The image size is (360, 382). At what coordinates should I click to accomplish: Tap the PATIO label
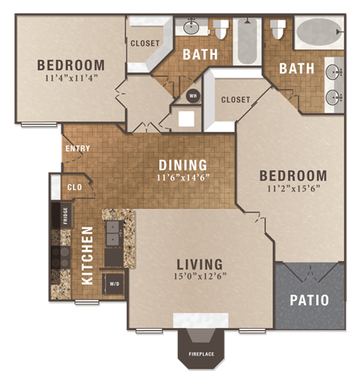(309, 299)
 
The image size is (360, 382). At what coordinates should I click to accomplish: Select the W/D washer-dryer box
(115, 284)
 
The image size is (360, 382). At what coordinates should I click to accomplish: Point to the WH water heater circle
(193, 95)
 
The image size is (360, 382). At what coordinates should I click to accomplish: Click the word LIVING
(199, 264)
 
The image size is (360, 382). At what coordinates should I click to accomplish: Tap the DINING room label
(182, 165)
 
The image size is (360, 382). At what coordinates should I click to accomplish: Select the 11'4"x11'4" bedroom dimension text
(70, 77)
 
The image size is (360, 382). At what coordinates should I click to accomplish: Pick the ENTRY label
(78, 149)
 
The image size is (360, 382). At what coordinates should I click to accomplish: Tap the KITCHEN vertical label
(87, 256)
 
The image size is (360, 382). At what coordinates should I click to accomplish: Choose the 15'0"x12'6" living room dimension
(199, 276)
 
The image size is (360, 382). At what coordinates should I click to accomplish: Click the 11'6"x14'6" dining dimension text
(182, 178)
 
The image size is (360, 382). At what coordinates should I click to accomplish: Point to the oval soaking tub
(318, 33)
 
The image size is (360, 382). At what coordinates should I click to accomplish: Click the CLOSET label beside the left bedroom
(145, 44)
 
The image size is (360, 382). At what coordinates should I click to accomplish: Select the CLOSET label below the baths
(235, 99)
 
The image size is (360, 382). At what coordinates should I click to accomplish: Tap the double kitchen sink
(113, 233)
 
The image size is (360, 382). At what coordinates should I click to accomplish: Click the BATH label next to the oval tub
(296, 68)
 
